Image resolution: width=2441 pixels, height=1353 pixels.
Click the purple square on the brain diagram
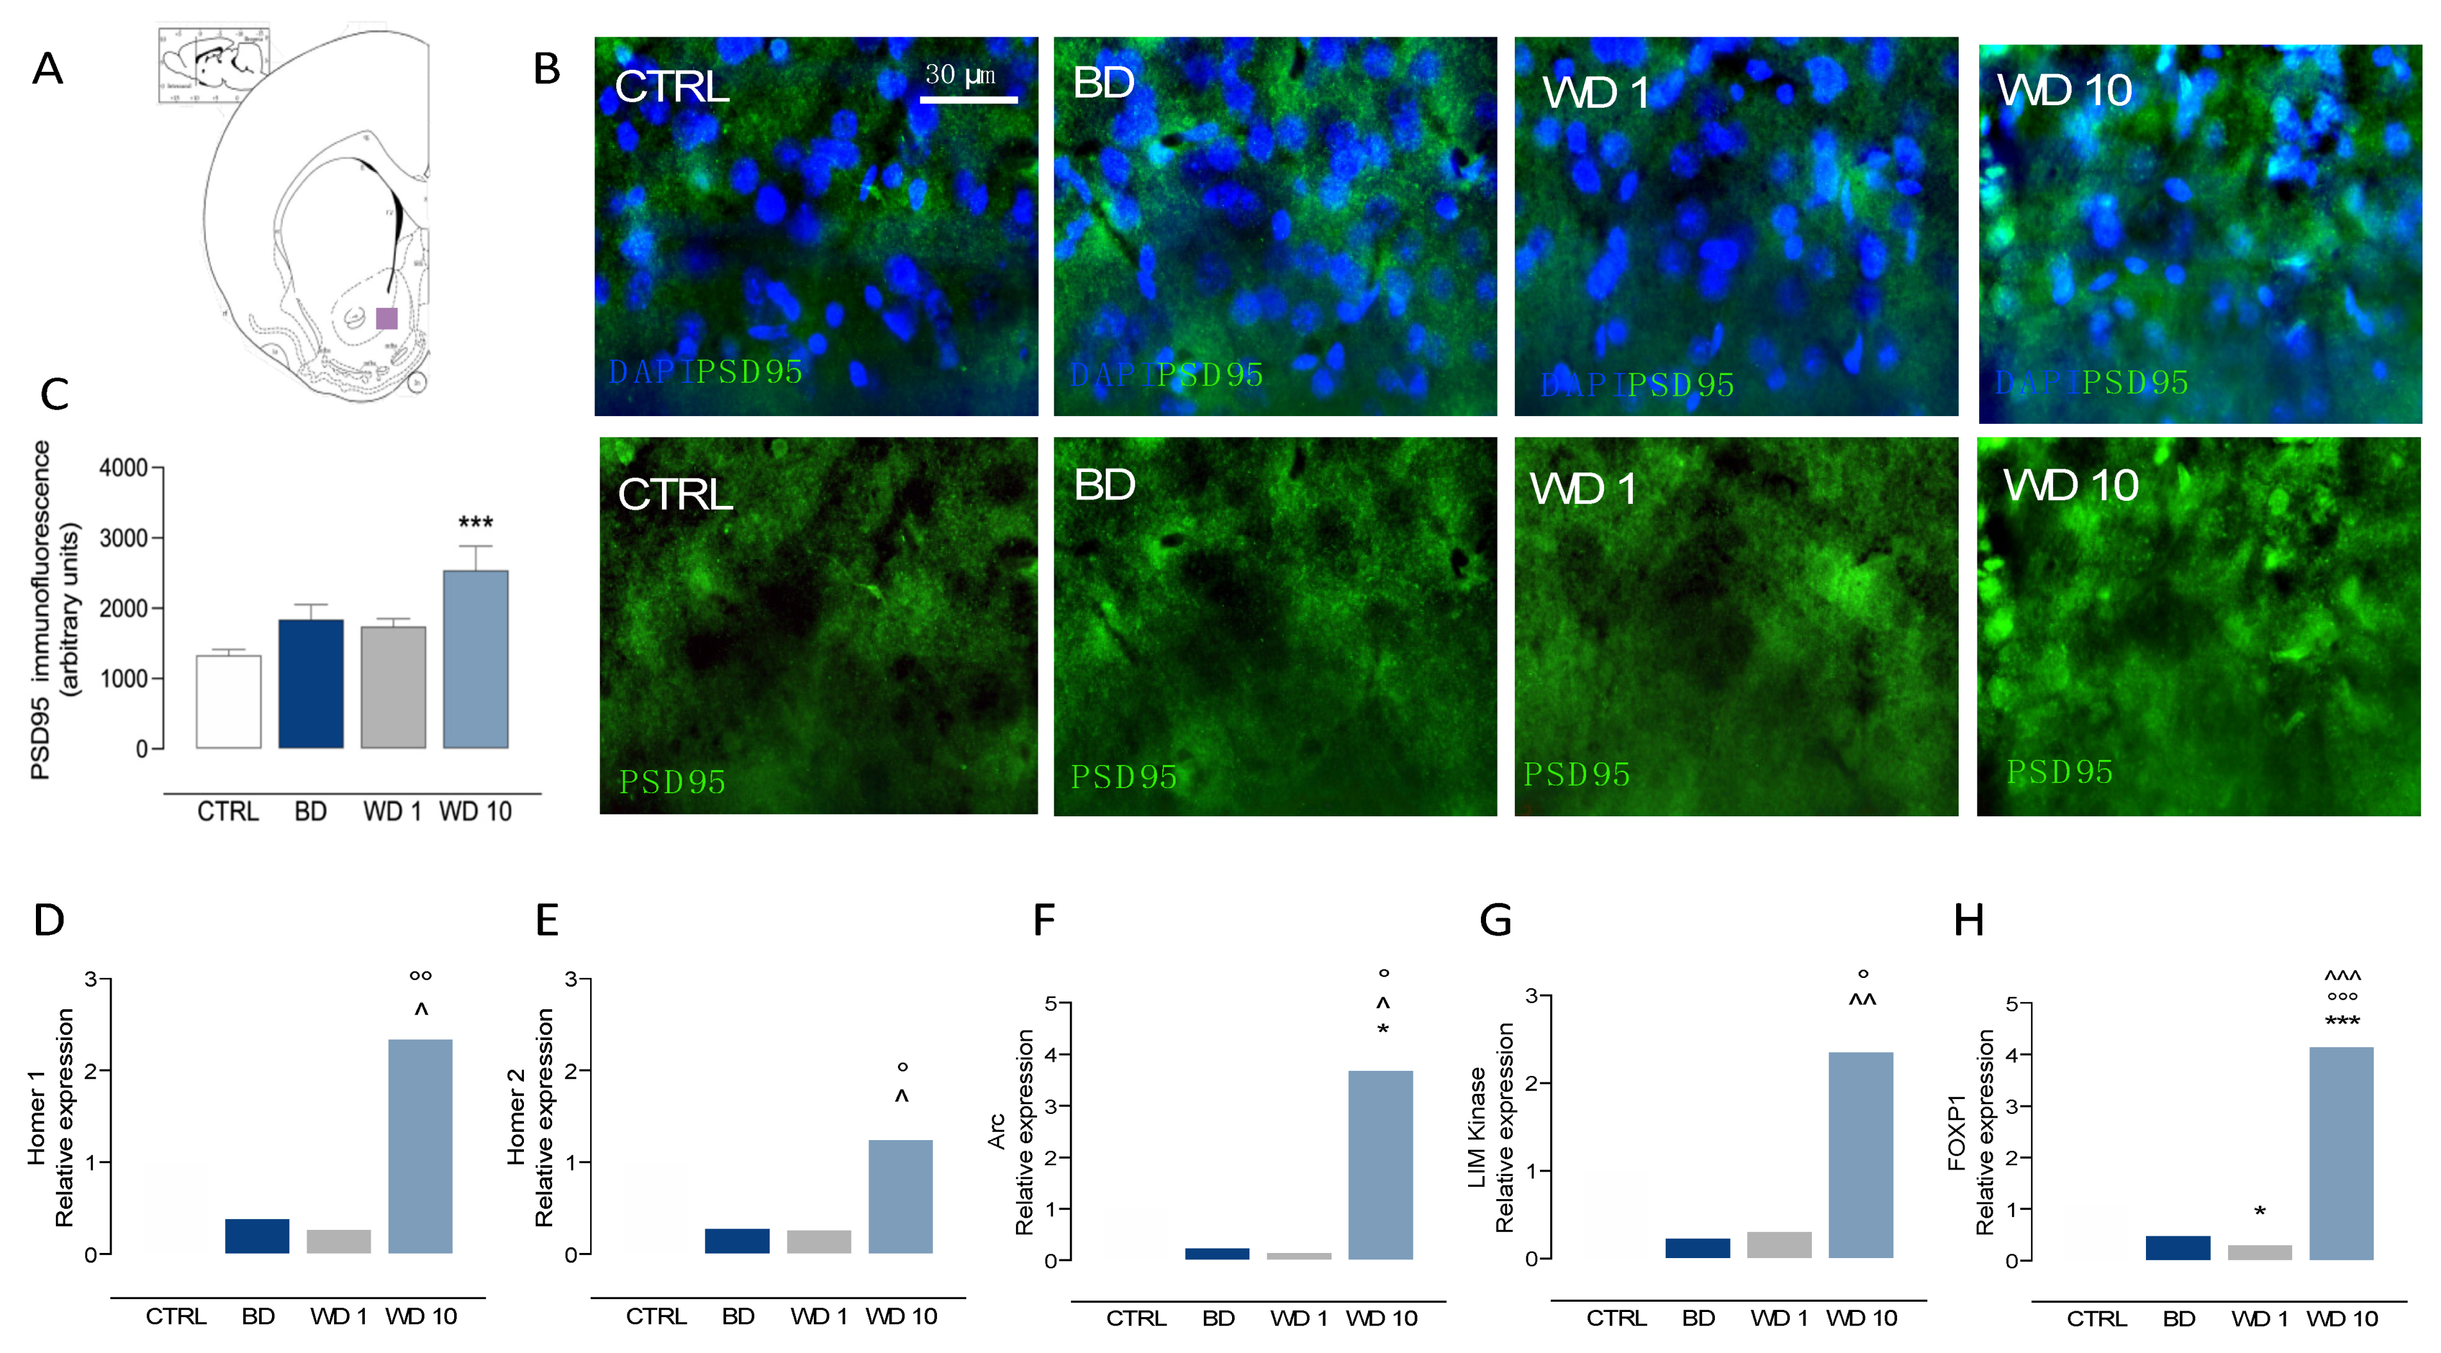pos(387,318)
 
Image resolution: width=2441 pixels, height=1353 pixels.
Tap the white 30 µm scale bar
pos(968,99)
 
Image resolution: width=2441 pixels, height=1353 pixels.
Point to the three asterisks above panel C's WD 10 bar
pos(476,522)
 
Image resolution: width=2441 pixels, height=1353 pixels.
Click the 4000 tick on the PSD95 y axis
pos(124,468)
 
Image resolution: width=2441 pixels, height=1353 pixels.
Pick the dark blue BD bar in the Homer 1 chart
pos(257,1236)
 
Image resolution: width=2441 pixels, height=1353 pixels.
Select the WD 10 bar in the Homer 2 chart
pos(900,1196)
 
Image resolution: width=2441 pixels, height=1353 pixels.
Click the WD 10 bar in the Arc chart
pos(1381,1164)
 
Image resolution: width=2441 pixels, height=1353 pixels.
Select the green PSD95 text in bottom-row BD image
pos(1123,777)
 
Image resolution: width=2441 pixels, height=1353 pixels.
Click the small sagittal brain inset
pos(214,64)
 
